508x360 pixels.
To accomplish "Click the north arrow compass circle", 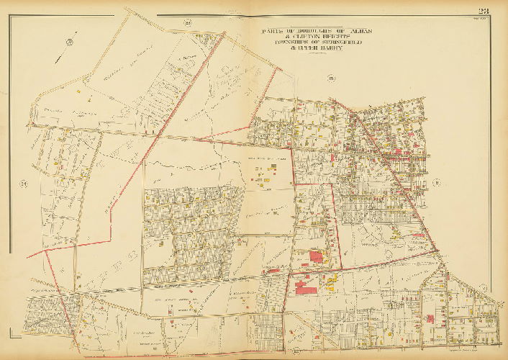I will point(70,42).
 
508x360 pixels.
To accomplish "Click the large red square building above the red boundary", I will point(316,257).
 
